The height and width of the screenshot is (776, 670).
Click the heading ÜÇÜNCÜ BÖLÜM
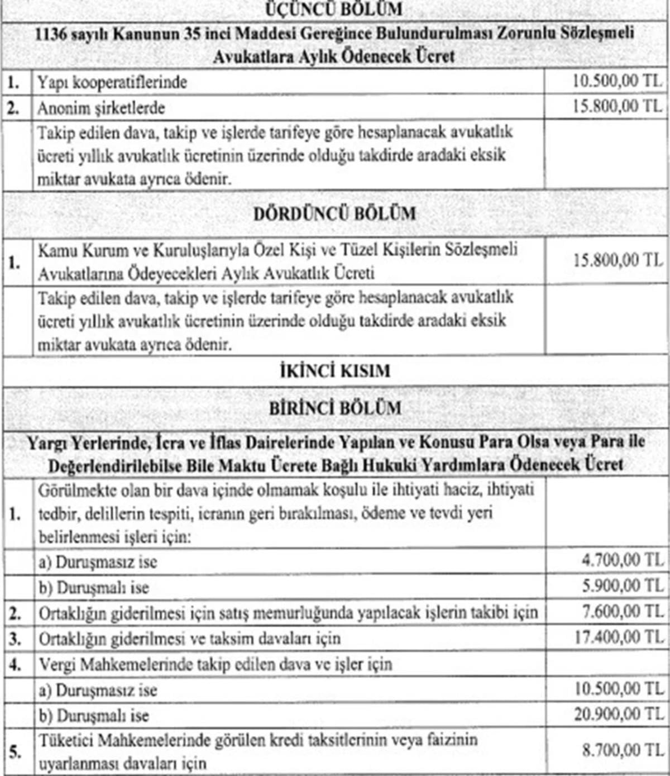coord(334,9)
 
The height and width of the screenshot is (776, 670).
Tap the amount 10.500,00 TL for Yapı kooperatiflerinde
coord(617,82)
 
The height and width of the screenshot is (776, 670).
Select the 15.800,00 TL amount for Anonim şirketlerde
coord(617,106)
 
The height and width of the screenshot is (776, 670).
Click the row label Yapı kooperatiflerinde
coord(112,83)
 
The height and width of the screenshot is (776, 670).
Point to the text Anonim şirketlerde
coord(101,108)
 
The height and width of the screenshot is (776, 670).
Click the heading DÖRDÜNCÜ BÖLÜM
coord(334,214)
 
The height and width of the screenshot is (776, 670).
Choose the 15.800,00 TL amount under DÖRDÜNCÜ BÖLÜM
coord(618,260)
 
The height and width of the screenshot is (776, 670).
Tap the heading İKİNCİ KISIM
coord(334,371)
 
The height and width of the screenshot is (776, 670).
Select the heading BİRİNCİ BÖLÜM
coord(334,408)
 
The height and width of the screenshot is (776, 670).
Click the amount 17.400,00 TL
coord(619,637)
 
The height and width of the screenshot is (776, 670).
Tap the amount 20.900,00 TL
coord(619,715)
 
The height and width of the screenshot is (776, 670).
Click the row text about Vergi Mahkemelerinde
coord(216,665)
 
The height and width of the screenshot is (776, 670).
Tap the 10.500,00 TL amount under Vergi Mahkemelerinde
coord(619,689)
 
